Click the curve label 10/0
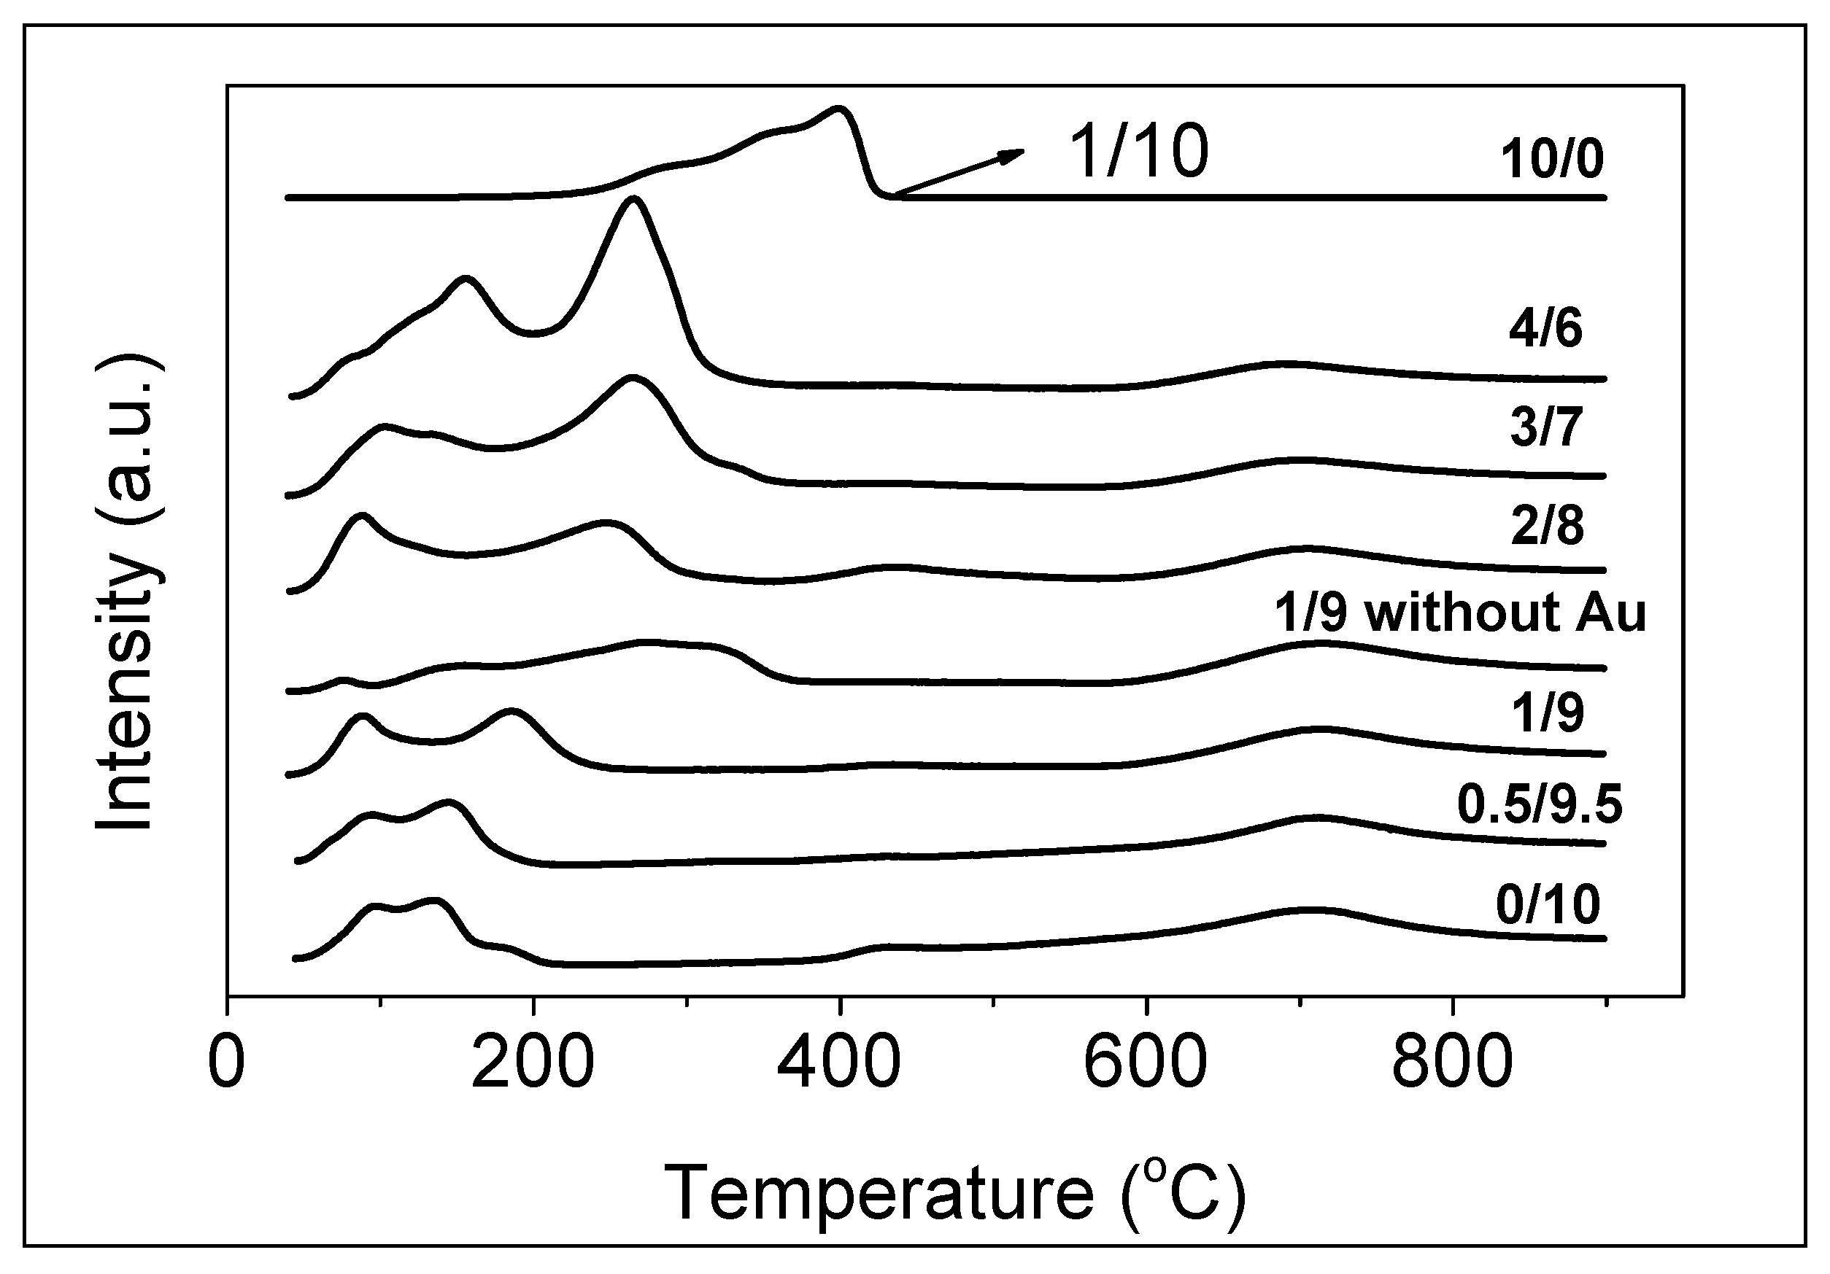[1551, 160]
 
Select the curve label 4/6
[1545, 327]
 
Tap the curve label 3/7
[1545, 427]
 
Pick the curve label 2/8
[1547, 525]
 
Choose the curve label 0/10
[1548, 904]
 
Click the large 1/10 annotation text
[1138, 152]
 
